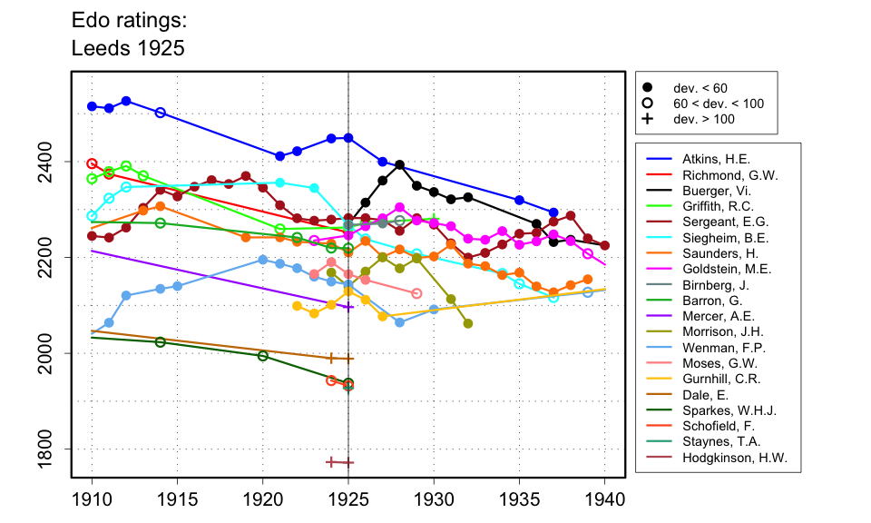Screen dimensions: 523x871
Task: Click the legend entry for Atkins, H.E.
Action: point(715,159)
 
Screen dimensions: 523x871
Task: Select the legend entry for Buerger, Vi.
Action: point(717,193)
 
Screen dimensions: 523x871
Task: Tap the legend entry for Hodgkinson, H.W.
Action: point(735,458)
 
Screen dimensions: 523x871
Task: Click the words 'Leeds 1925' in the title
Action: point(128,49)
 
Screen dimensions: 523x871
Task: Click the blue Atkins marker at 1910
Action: point(92,106)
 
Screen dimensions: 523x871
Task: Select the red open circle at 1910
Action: point(92,163)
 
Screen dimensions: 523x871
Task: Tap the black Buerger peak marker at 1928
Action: point(400,165)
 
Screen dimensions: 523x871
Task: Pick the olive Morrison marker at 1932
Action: point(468,323)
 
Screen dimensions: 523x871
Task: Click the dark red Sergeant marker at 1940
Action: point(605,245)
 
